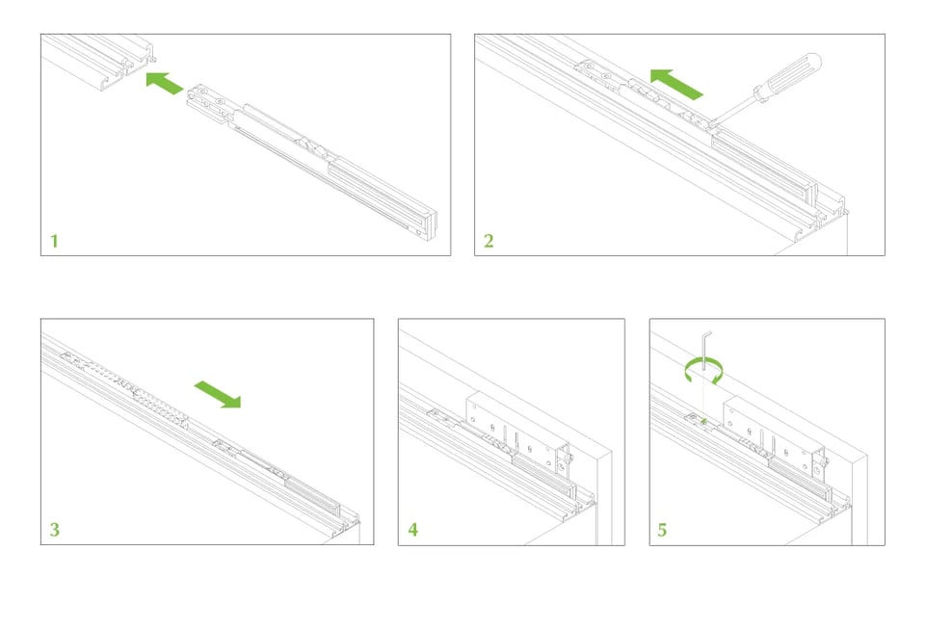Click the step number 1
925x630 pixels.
click(54, 241)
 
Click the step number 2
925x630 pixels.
click(489, 241)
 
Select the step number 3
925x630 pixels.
click(54, 529)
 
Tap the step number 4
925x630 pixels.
click(413, 529)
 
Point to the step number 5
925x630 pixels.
click(662, 530)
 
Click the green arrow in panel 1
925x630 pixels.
click(165, 83)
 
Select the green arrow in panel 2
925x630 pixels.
click(676, 84)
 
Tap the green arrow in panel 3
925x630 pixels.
click(218, 393)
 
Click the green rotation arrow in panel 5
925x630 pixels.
click(703, 371)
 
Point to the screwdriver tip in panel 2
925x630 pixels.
click(711, 124)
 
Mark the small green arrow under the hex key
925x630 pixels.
click(703, 421)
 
